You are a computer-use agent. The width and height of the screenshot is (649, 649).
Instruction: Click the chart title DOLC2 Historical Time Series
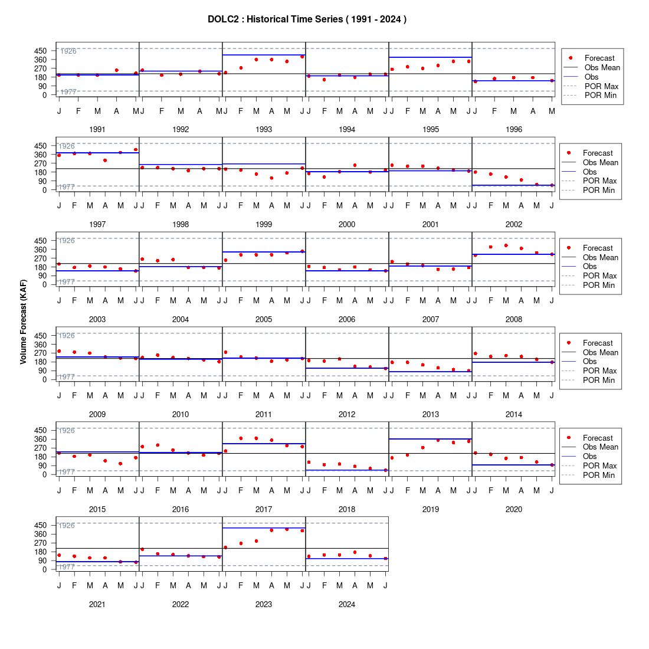click(307, 19)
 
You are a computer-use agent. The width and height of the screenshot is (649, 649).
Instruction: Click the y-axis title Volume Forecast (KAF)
click(23, 322)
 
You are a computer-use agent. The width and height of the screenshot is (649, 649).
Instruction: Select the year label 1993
click(264, 130)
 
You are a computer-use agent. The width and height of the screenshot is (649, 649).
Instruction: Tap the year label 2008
click(514, 319)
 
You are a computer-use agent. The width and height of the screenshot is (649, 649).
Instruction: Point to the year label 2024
click(347, 604)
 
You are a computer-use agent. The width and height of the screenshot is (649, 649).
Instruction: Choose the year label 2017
click(264, 509)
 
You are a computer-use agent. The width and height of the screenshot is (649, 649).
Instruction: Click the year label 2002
click(514, 224)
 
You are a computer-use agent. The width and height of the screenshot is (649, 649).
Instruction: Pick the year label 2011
click(264, 414)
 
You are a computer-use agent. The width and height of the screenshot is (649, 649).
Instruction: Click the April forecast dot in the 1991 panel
click(117, 70)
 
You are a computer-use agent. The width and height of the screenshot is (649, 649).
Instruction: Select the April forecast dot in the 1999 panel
click(271, 178)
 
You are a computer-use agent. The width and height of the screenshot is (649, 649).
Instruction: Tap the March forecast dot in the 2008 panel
click(506, 245)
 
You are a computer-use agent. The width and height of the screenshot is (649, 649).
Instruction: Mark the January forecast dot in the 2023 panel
click(225, 547)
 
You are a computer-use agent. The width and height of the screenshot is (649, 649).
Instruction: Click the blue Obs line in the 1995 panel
click(431, 57)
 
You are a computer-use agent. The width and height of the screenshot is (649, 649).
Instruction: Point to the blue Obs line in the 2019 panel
click(431, 439)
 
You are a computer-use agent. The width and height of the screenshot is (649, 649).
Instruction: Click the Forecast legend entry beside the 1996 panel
click(592, 58)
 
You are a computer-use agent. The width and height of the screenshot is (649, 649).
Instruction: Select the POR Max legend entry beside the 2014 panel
click(590, 371)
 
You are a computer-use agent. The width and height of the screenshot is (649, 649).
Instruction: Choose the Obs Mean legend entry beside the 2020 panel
click(591, 447)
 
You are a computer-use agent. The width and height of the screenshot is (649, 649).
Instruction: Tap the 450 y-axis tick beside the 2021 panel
click(41, 525)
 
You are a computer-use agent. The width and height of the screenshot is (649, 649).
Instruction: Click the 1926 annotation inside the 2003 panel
click(66, 241)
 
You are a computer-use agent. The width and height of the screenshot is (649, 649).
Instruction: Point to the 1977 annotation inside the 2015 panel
click(66, 472)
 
